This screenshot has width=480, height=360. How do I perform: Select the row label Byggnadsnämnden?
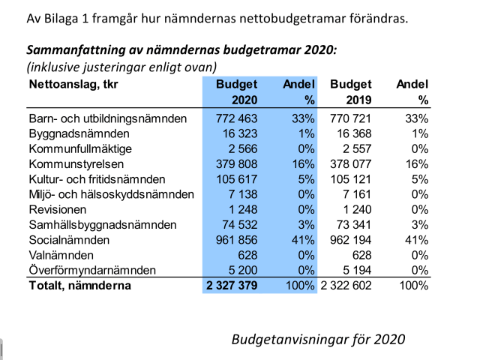(79, 133)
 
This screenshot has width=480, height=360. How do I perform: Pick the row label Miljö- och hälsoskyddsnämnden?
(111, 194)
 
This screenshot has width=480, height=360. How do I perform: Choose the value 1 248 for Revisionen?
(241, 209)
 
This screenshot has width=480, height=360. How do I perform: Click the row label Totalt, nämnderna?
(79, 286)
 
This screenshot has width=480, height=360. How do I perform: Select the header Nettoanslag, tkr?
(73, 85)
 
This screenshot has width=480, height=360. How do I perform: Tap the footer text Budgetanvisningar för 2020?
(318, 339)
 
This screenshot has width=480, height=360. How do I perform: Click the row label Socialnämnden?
(69, 240)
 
